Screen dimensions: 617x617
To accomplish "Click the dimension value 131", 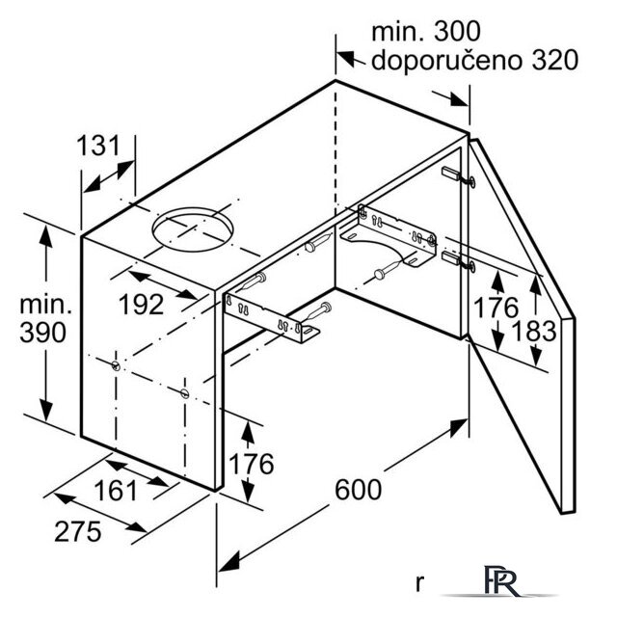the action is pos(98,146).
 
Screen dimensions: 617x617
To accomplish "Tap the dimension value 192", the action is pos(142,305).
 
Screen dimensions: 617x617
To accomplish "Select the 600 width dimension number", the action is pos(358,490).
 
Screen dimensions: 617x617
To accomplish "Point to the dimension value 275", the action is pos(78,531).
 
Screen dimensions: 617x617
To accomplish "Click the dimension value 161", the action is pos(116,491).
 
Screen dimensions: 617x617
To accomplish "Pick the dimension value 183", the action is pos(534,331).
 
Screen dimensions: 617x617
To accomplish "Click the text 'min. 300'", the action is pos(426,32).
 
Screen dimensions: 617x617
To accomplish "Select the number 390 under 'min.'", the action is pos(42,333).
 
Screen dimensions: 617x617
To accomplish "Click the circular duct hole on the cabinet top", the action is pos(193,229).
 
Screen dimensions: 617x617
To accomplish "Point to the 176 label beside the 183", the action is pos(496,308).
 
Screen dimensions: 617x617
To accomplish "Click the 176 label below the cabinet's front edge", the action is pos(252,464).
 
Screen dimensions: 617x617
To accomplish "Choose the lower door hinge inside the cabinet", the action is pos(459,261).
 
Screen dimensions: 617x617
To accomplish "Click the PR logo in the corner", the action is pos(501,581).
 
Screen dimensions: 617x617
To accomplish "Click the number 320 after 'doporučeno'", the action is pos(555,61).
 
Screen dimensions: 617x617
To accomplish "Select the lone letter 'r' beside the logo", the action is pos(420,583).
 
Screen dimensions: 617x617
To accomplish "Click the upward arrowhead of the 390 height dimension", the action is pos(46,236).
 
